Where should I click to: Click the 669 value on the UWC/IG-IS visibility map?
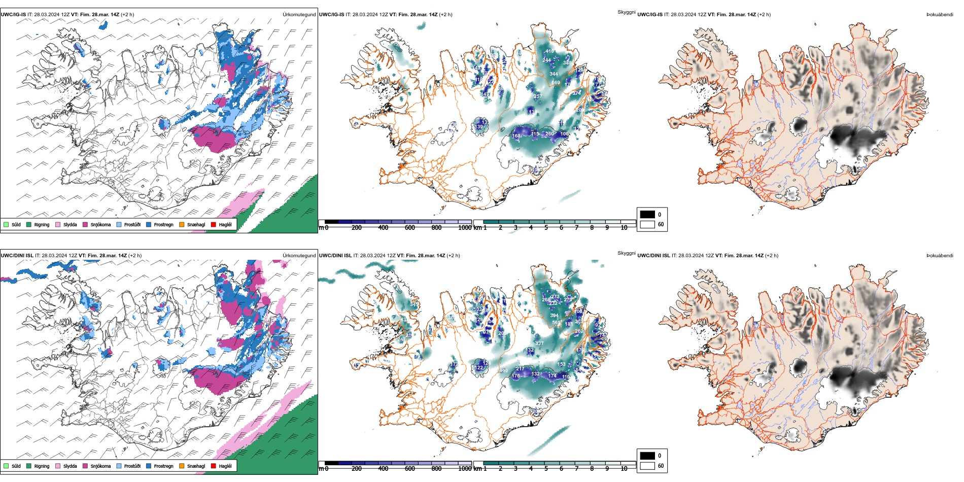click(x=556, y=83)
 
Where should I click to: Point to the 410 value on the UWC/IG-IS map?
click(x=550, y=51)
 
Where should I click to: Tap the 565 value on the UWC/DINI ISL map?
click(x=557, y=323)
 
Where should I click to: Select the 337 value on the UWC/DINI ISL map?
click(x=539, y=343)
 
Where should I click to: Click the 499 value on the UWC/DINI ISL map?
click(x=503, y=371)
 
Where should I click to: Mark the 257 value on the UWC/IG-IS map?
click(x=538, y=96)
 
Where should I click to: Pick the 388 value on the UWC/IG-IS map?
click(x=567, y=63)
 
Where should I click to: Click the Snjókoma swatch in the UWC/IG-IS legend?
click(x=85, y=224)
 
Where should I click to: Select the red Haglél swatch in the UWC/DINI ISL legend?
click(x=213, y=466)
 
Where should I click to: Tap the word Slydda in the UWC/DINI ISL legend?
click(x=70, y=466)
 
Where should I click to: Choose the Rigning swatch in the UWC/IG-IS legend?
click(x=29, y=224)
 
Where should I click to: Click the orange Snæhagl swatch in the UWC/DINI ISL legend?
click(x=182, y=466)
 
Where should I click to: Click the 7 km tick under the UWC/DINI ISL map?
click(x=576, y=469)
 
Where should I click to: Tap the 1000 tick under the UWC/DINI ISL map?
click(x=465, y=469)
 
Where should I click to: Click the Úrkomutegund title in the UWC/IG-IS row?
click(x=299, y=15)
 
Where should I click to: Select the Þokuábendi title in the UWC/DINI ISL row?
click(x=940, y=256)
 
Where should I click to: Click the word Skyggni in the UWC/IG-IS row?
click(x=626, y=12)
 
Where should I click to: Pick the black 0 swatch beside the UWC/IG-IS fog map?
click(x=647, y=214)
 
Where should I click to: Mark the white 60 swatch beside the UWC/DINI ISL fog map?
click(x=647, y=465)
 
